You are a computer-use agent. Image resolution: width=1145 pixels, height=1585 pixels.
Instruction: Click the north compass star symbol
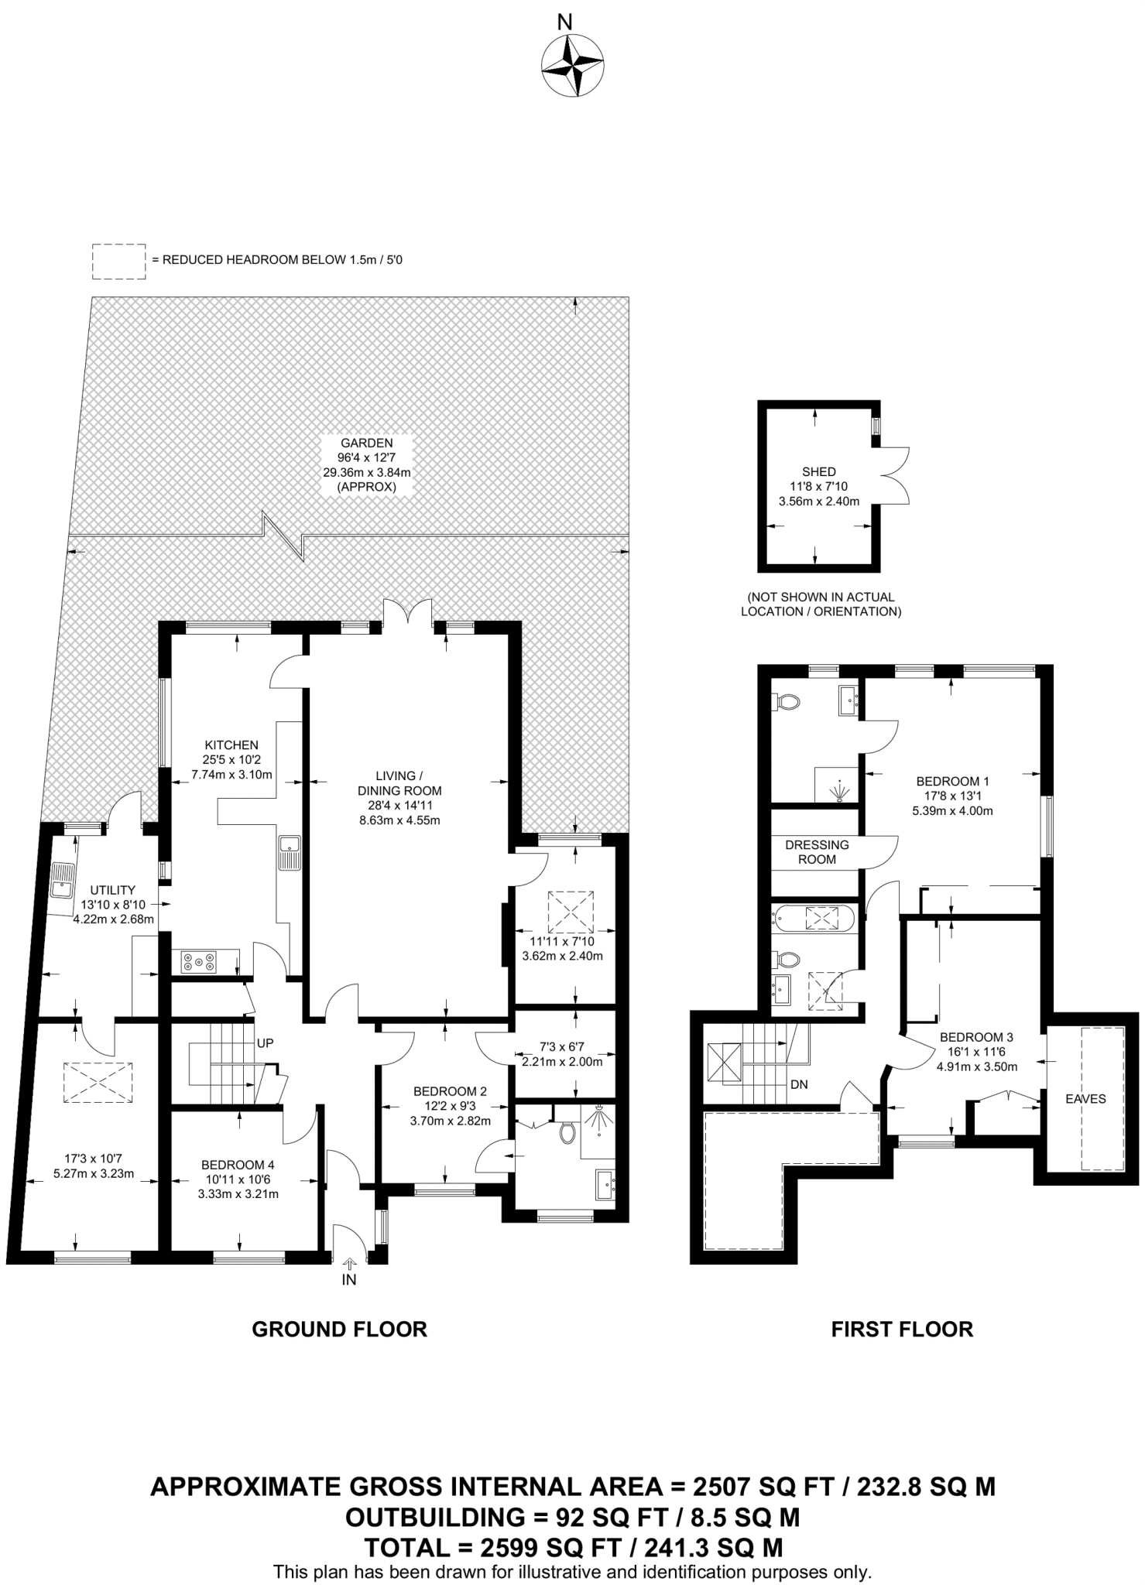(x=572, y=67)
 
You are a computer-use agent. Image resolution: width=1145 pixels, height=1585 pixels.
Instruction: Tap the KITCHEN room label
(x=232, y=745)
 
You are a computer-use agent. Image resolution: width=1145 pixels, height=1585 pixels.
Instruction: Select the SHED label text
(x=819, y=471)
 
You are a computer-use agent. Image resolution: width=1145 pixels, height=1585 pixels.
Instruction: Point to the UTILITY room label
(x=112, y=890)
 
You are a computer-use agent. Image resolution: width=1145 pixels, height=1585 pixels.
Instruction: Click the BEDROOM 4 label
(x=238, y=1165)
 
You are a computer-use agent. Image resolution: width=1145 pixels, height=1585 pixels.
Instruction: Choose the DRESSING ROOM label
(x=817, y=852)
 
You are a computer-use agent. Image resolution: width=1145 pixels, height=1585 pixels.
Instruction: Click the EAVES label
(x=1085, y=1099)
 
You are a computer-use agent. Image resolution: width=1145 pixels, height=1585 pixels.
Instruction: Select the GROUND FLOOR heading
(x=340, y=1330)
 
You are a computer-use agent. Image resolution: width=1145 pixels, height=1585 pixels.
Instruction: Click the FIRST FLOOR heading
(x=902, y=1330)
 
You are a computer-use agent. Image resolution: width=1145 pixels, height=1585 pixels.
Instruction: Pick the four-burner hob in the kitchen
(x=199, y=962)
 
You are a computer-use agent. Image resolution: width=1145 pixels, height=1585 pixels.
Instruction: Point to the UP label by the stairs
(x=266, y=1043)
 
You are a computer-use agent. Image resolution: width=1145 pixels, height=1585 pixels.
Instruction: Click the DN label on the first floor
(x=799, y=1085)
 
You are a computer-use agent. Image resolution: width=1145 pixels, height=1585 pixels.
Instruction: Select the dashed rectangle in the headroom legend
(x=119, y=261)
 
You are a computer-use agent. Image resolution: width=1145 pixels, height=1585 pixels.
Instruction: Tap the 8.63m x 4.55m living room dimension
(x=399, y=820)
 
